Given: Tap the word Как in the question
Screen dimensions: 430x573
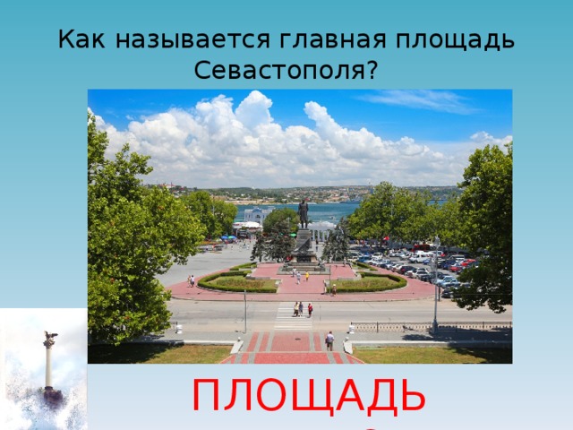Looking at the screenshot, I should tap(82, 40).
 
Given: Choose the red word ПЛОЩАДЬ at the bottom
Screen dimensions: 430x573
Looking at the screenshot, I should tap(310, 396).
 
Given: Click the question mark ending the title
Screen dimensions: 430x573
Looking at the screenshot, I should tap(370, 71).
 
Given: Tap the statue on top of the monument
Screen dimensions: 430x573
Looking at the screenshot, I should tap(303, 212).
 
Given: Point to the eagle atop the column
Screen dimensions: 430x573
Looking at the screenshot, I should tap(49, 339).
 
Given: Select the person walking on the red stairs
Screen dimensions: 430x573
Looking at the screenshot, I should tap(329, 340).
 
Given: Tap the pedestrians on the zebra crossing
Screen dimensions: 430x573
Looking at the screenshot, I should tap(299, 309).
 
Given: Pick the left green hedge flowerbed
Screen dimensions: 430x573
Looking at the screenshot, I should tap(238, 282).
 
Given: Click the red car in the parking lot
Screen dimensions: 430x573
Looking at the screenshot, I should tap(460, 265).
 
